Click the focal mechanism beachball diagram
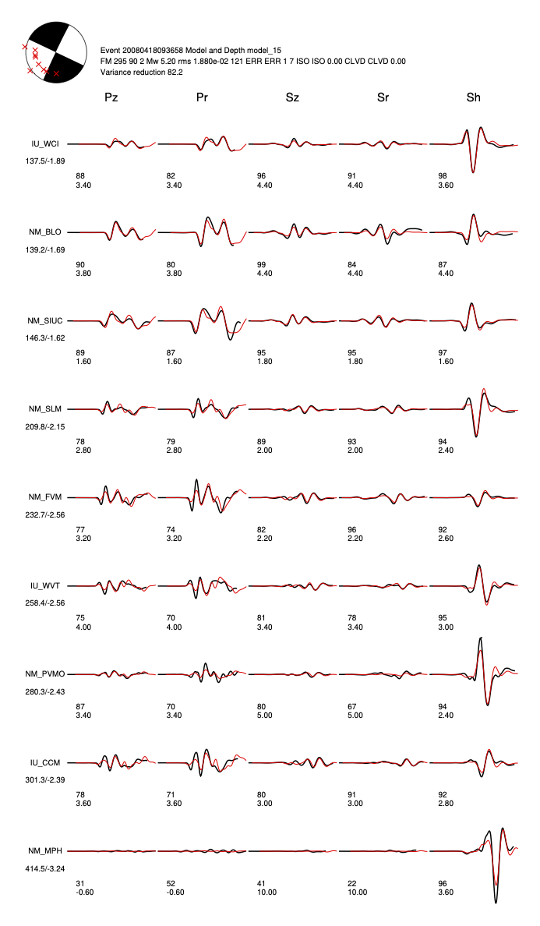click(x=55, y=51)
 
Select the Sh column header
click(x=473, y=97)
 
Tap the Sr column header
click(x=383, y=97)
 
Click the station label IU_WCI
click(x=45, y=144)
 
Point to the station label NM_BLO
click(x=45, y=232)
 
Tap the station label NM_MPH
click(x=45, y=850)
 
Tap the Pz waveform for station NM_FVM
click(x=113, y=497)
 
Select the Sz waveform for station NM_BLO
click(x=292, y=232)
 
